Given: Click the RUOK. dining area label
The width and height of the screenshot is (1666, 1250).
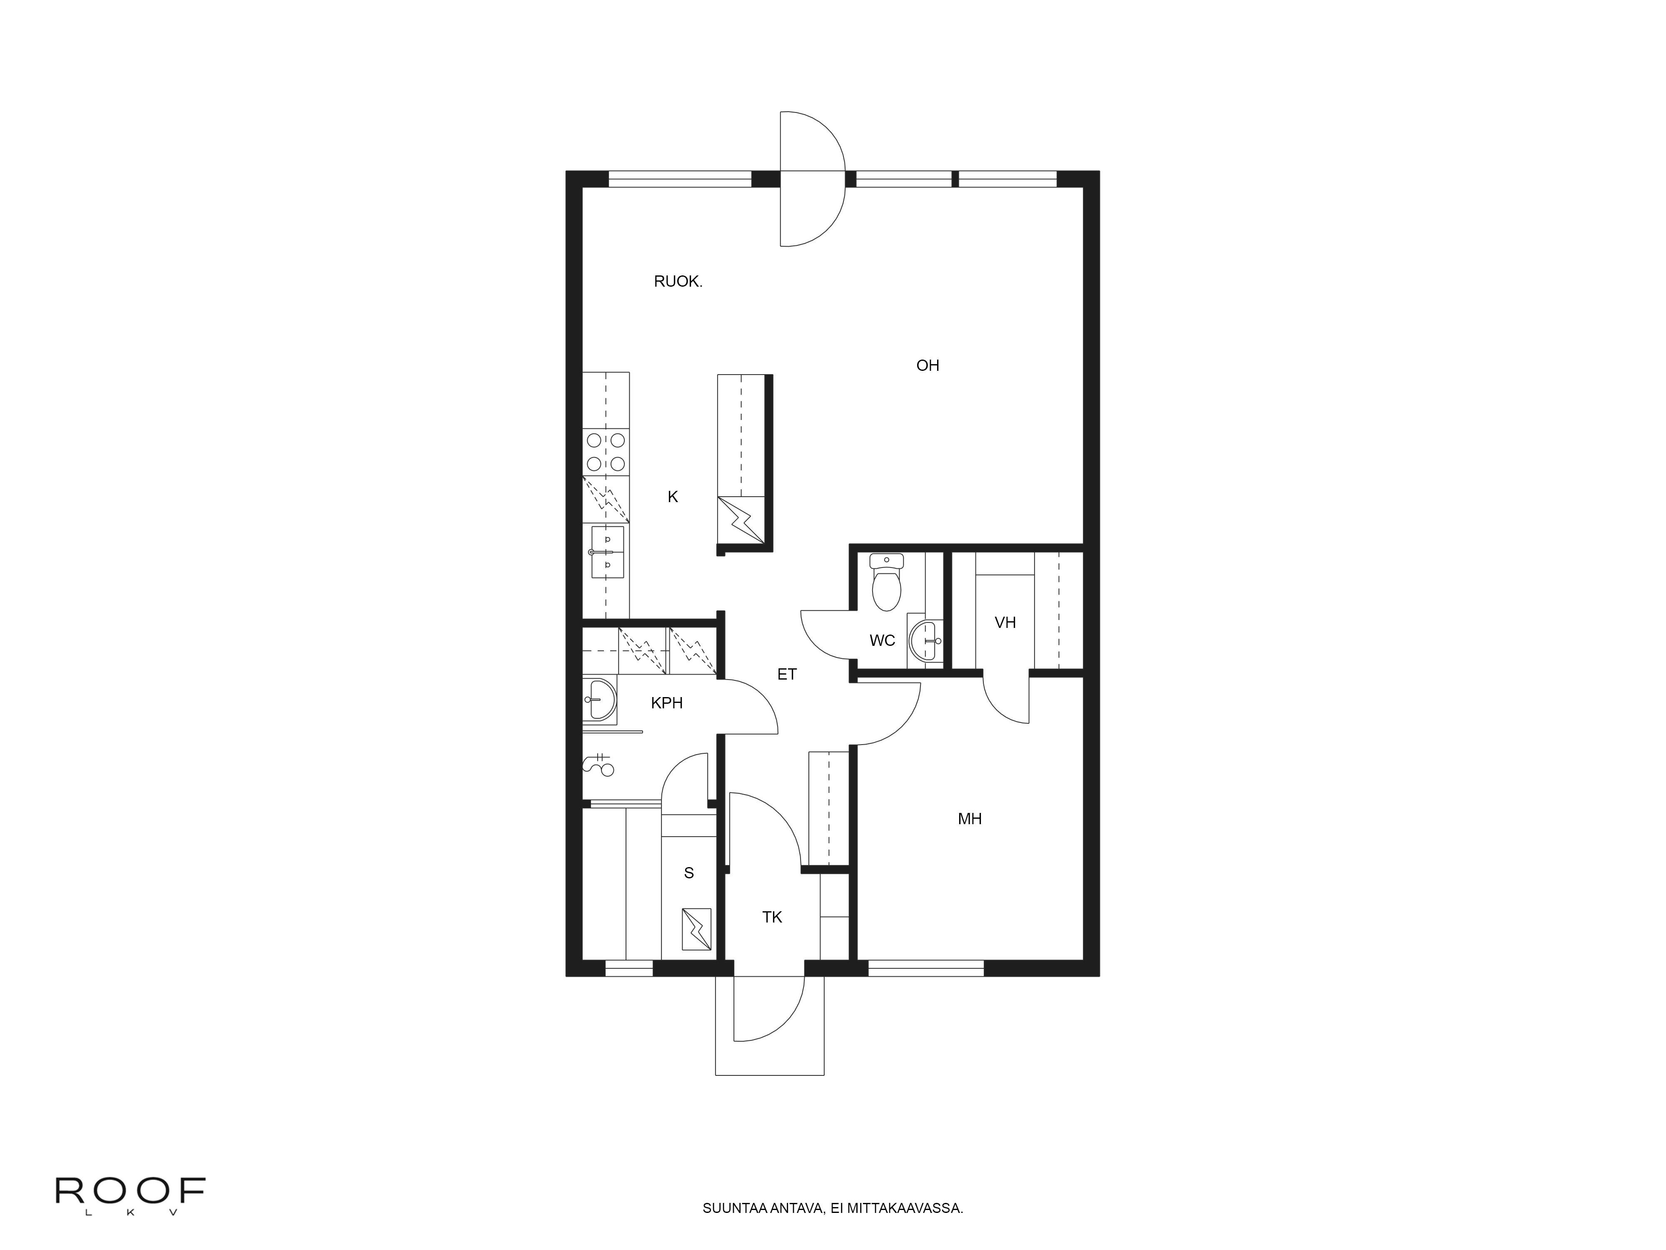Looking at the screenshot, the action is tap(678, 282).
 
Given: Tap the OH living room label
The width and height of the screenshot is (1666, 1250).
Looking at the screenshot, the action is tap(927, 365).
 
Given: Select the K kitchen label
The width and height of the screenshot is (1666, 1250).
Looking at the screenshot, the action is tap(673, 497).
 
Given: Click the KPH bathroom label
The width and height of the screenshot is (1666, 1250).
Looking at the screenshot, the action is tap(666, 703).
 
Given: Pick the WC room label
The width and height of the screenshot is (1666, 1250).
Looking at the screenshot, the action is tap(882, 640).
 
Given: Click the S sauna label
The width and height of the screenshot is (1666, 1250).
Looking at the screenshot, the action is tap(688, 873).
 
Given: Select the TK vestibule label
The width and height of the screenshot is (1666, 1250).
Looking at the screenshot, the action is tap(772, 917).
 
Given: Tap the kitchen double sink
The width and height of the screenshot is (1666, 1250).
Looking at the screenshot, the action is tap(607, 552).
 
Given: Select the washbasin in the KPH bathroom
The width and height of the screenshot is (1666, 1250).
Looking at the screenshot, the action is tap(600, 699).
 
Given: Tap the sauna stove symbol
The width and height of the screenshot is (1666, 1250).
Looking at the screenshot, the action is tap(696, 929).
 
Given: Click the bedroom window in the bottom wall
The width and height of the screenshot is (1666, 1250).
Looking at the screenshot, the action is tap(925, 968).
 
